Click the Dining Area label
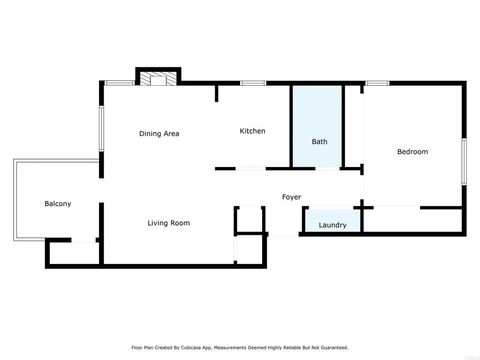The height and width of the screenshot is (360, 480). (159, 132)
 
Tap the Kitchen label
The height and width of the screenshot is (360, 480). (252, 131)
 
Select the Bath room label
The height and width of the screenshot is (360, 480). (319, 142)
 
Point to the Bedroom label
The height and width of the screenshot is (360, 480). (412, 152)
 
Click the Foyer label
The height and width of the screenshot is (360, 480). (291, 197)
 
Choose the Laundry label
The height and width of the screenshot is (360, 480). (332, 225)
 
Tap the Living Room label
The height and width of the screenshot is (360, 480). (169, 223)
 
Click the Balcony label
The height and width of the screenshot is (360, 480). (57, 204)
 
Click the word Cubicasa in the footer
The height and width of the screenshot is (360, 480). (208, 348)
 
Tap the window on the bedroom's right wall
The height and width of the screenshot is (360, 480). (464, 160)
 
